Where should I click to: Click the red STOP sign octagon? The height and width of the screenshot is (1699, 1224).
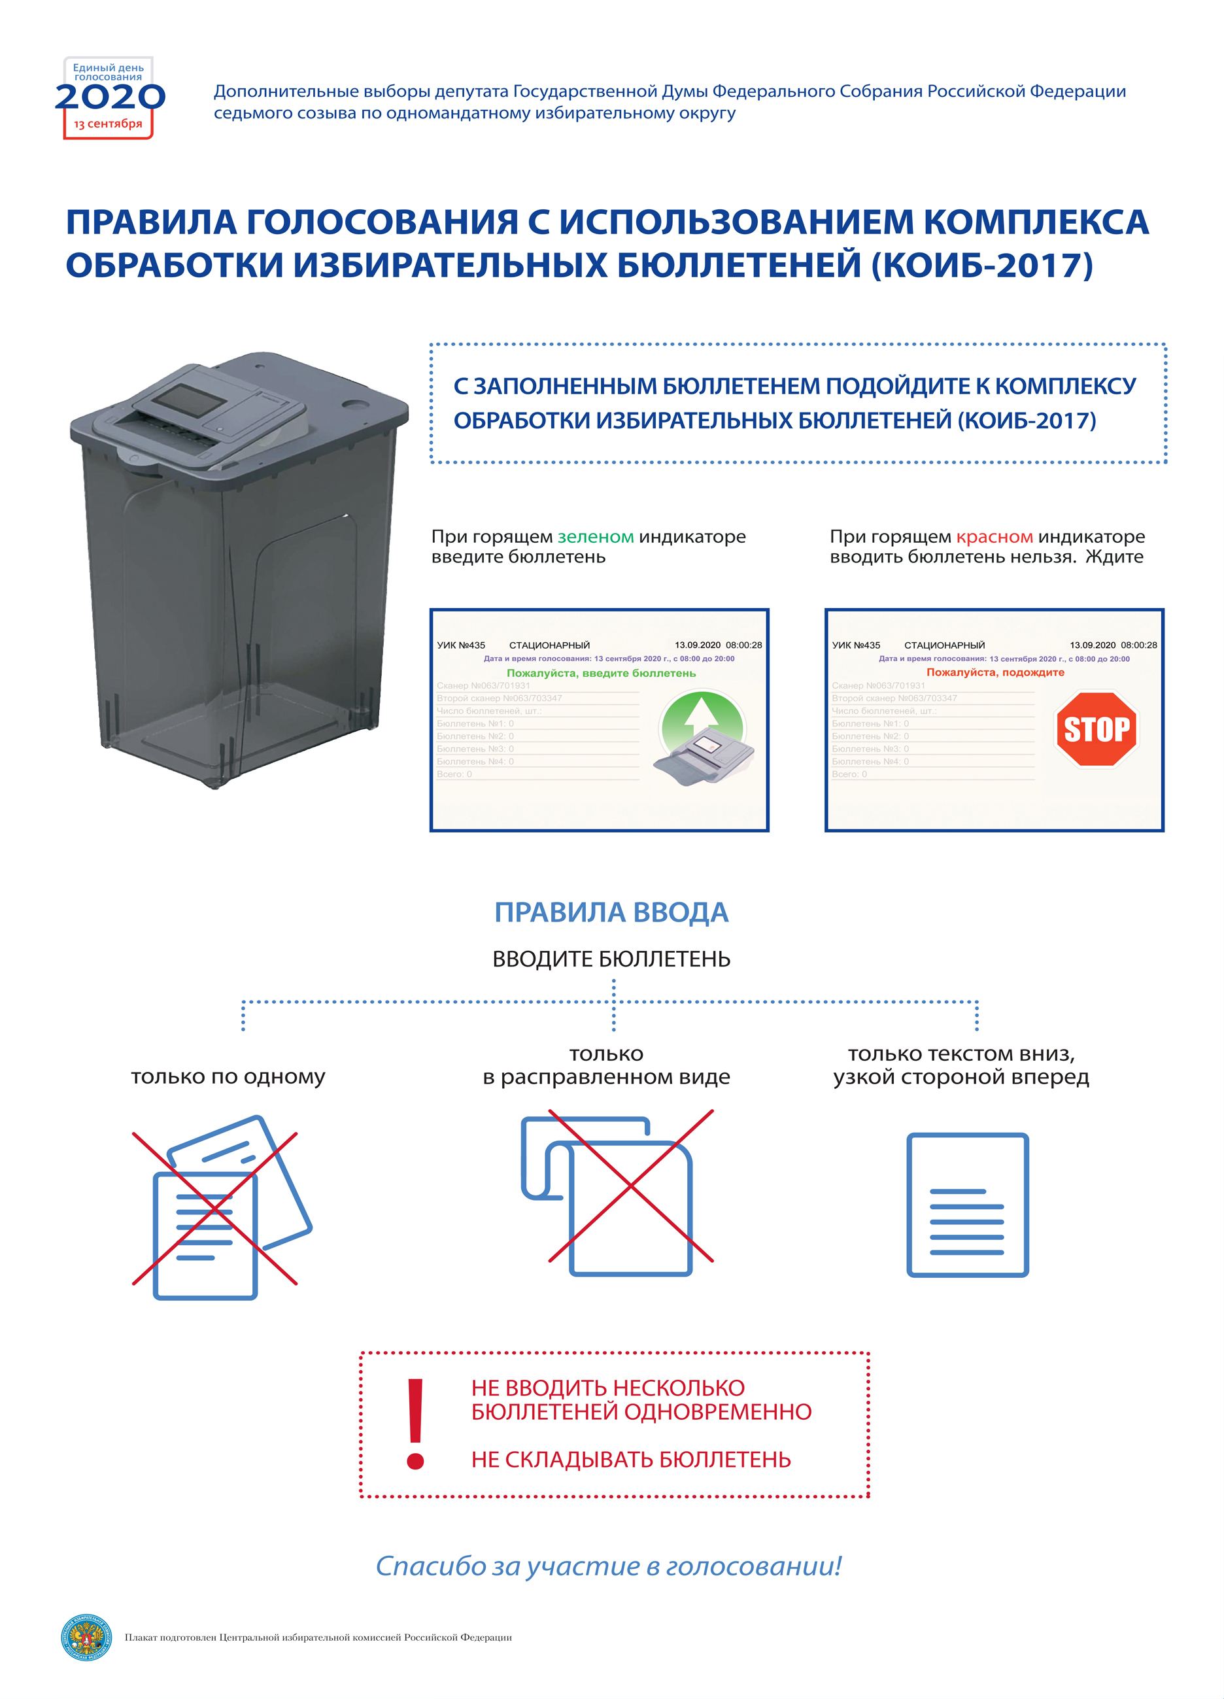1096,729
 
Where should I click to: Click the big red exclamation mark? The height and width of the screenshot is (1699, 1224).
415,1423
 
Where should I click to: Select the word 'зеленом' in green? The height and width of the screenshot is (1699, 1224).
596,536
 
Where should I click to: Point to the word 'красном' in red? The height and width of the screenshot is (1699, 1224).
994,536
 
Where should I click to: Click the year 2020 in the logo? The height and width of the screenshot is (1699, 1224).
109,97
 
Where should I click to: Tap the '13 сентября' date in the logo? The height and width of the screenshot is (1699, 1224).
108,124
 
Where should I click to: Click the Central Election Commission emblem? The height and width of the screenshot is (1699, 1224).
86,1637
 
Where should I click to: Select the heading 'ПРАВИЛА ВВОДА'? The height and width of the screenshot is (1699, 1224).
611,912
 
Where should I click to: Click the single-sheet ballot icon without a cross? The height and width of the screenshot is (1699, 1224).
967,1205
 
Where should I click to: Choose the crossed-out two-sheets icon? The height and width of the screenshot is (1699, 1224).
217,1207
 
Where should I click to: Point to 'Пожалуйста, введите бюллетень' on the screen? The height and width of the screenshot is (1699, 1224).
601,673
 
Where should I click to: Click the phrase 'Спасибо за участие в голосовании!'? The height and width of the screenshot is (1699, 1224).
608,1565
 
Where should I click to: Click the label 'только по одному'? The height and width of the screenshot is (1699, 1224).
228,1076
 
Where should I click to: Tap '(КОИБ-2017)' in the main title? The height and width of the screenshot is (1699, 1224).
981,266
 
